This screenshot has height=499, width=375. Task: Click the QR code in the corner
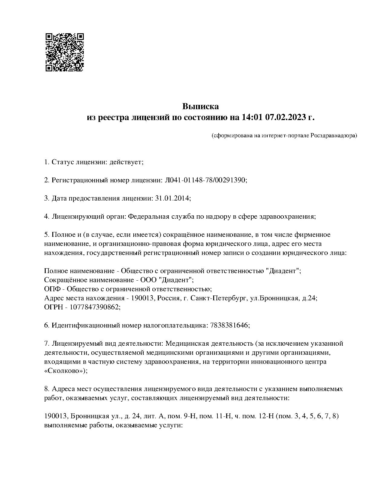(x=64, y=52)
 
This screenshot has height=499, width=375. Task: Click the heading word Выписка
(x=200, y=106)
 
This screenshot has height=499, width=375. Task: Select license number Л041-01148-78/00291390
(x=206, y=180)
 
